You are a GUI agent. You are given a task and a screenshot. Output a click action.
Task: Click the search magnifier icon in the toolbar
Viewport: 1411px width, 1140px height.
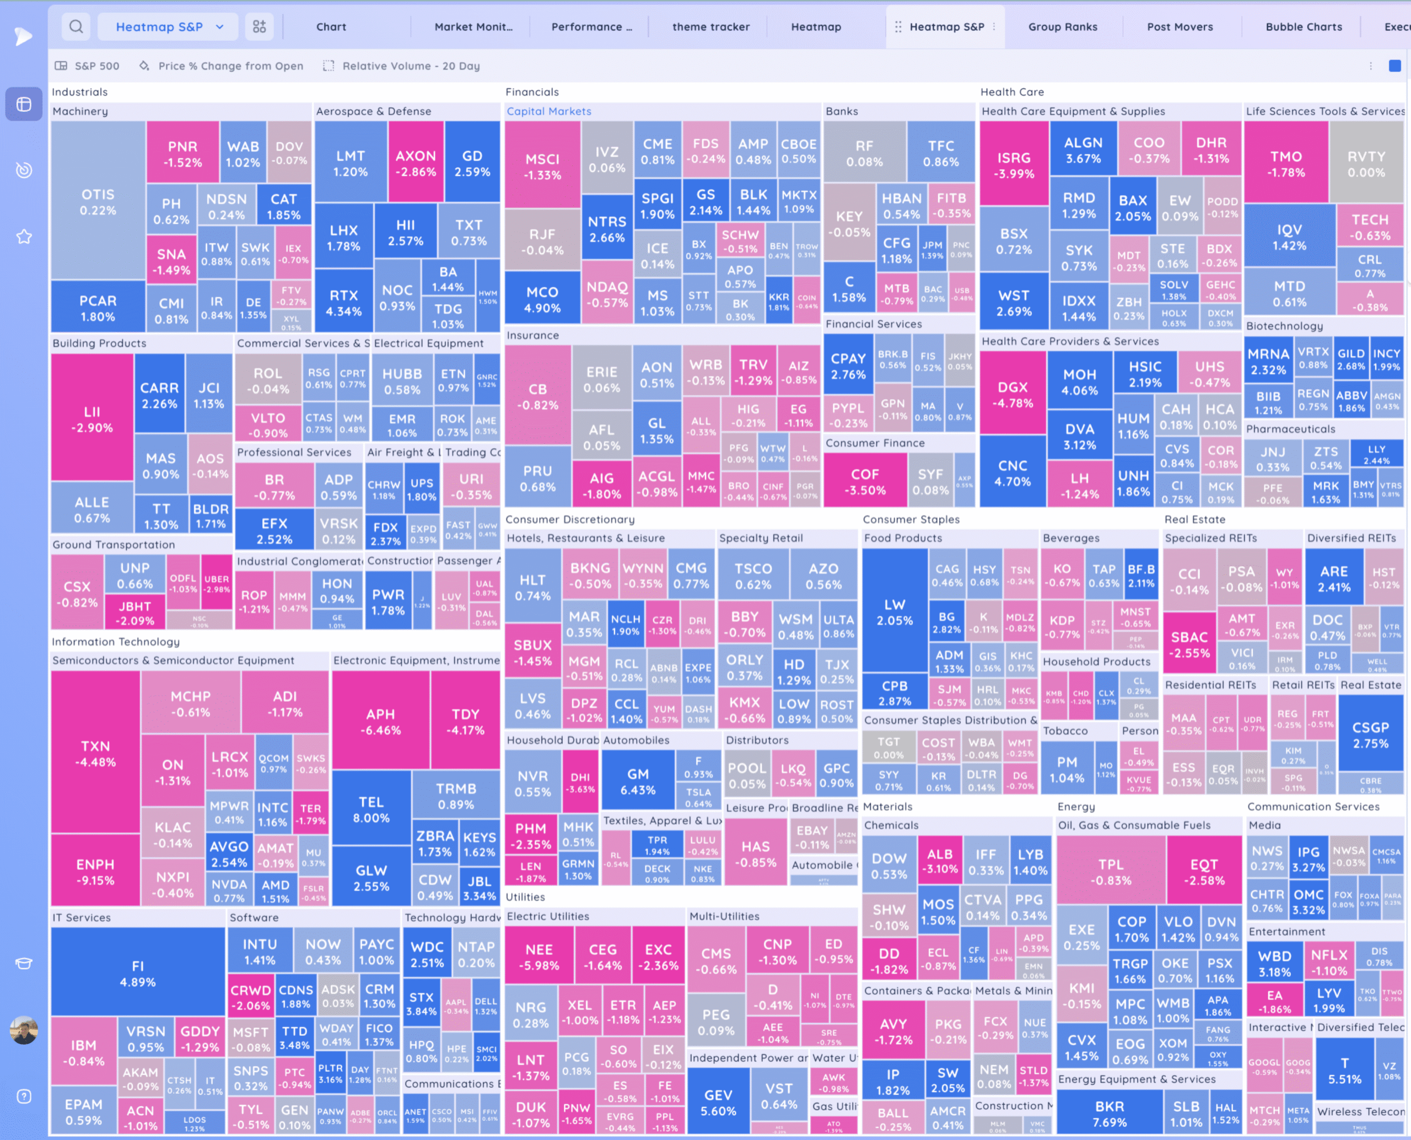[x=76, y=27]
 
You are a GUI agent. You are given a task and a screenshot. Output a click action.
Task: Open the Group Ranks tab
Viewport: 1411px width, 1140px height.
[x=1062, y=27]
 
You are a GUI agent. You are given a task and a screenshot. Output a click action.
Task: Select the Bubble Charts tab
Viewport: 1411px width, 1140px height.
[x=1304, y=27]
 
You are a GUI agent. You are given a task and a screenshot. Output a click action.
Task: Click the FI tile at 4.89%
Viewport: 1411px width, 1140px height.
[x=138, y=973]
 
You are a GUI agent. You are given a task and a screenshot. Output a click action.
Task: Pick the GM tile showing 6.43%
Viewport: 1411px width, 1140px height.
[x=638, y=782]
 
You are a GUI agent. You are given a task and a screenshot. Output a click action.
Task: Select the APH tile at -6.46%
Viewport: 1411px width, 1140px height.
[x=380, y=721]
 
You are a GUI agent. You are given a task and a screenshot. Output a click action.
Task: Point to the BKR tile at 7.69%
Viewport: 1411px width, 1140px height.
[x=1109, y=1114]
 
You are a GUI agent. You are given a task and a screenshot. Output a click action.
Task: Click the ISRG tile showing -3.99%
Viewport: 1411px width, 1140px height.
[x=1014, y=165]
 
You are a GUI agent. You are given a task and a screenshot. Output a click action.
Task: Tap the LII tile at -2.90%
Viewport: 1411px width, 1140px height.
[x=92, y=419]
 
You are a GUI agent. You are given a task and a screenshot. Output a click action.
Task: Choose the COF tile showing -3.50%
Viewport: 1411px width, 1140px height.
[x=865, y=481]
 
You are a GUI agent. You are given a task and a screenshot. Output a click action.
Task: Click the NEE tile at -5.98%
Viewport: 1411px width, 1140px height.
[x=538, y=957]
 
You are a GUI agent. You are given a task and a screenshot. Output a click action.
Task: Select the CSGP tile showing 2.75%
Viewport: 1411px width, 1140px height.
[x=1370, y=735]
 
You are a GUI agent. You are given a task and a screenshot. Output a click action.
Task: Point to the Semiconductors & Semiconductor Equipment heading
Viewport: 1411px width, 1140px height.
[x=173, y=660]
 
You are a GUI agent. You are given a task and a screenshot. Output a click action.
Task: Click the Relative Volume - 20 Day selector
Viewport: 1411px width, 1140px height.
[x=411, y=66]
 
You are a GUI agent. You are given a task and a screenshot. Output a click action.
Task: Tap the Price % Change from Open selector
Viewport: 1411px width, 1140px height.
[x=230, y=66]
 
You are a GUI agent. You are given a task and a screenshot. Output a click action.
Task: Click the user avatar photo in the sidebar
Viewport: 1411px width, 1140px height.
[x=24, y=1030]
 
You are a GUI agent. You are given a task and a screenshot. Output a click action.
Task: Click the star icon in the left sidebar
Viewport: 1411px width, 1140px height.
[x=24, y=236]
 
